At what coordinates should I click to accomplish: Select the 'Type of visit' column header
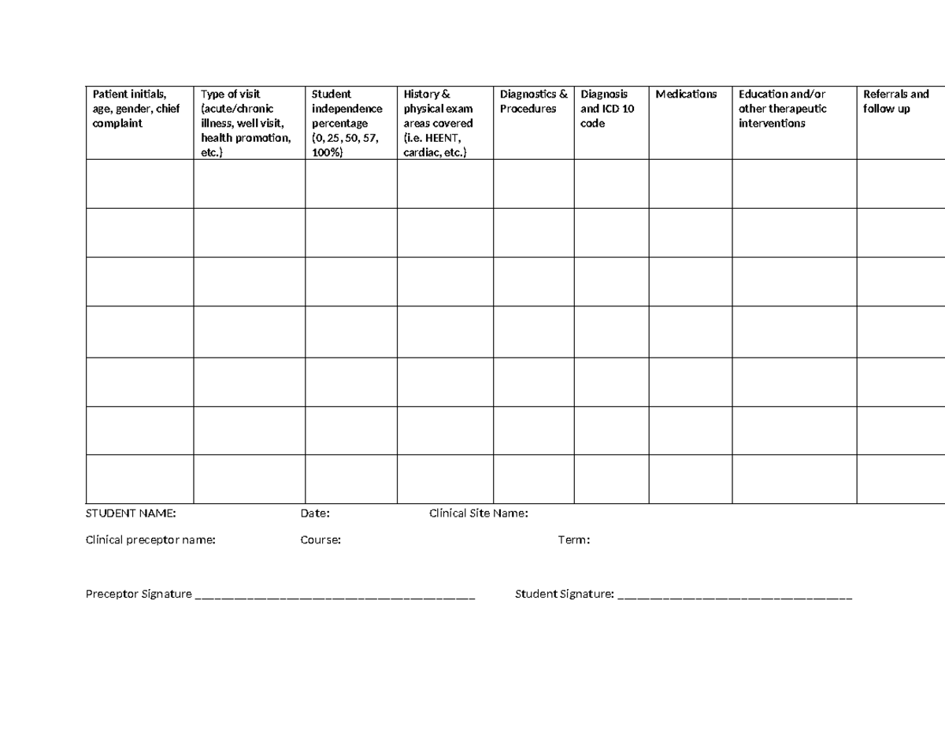click(x=244, y=124)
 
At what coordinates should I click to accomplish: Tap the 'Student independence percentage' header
click(x=347, y=124)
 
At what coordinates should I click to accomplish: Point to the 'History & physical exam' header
click(x=439, y=124)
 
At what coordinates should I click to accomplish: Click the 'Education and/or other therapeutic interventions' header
click(x=783, y=109)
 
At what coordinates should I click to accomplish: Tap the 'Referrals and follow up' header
click(x=896, y=102)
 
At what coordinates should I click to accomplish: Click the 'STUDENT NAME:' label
click(x=131, y=514)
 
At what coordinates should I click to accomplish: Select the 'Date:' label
click(x=315, y=514)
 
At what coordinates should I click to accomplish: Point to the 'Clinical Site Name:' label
click(x=479, y=514)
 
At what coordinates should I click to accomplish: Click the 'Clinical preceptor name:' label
click(x=150, y=540)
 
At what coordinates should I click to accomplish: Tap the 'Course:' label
click(x=321, y=540)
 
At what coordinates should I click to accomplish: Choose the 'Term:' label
click(x=574, y=540)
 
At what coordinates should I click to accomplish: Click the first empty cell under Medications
click(x=691, y=183)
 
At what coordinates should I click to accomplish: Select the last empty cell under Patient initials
click(x=139, y=479)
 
